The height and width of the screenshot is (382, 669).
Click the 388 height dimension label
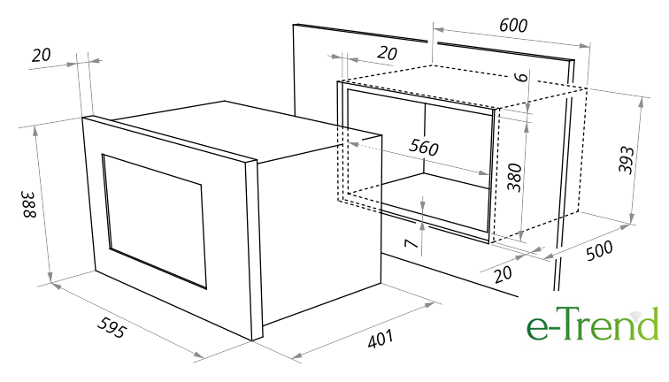point(29,204)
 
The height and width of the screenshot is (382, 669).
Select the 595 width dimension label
point(112,327)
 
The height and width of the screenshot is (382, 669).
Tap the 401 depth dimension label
point(381,339)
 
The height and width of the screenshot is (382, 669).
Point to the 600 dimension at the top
point(513,25)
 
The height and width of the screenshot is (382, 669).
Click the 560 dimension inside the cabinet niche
point(424,147)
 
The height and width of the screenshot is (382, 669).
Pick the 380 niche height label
point(514,178)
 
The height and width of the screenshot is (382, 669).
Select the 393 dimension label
point(627,160)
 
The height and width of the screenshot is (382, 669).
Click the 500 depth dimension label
point(599,250)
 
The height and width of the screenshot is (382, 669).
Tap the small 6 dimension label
point(521,77)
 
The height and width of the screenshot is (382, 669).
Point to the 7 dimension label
point(411,244)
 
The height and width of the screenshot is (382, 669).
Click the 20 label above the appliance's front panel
point(42,55)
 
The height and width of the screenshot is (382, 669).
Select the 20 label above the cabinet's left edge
point(388,53)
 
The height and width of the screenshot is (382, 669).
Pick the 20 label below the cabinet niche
point(503,274)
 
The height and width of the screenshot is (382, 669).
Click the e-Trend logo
point(593,324)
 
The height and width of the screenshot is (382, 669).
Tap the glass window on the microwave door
point(155,221)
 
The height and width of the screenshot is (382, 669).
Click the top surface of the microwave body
point(248,131)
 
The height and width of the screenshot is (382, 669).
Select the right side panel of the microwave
point(320,230)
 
